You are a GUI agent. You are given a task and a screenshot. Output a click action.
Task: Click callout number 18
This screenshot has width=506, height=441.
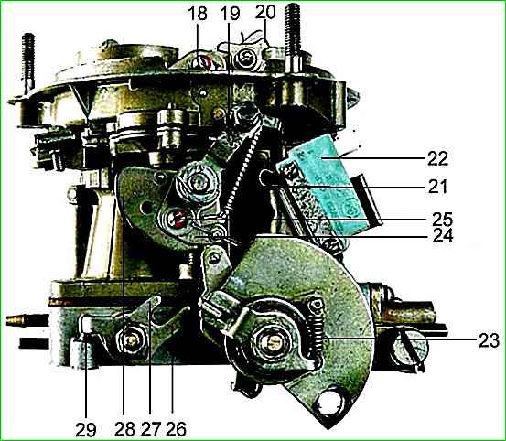point(197,14)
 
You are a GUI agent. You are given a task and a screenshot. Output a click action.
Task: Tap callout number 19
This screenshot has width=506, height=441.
point(231,14)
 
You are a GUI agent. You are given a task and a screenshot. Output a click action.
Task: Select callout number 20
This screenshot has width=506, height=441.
point(265,12)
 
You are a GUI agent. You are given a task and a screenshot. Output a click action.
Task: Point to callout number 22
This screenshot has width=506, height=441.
point(438,158)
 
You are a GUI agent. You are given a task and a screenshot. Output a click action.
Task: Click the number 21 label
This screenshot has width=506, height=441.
point(437,187)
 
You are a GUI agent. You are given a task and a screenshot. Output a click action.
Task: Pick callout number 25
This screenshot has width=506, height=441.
point(443,219)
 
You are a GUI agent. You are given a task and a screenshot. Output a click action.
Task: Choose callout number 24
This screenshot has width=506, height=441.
point(443,236)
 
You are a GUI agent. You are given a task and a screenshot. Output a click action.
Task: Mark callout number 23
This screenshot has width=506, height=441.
point(489,340)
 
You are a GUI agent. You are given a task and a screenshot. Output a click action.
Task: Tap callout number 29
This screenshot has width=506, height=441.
point(86,429)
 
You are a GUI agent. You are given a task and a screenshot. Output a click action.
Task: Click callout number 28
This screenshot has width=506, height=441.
point(124,429)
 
